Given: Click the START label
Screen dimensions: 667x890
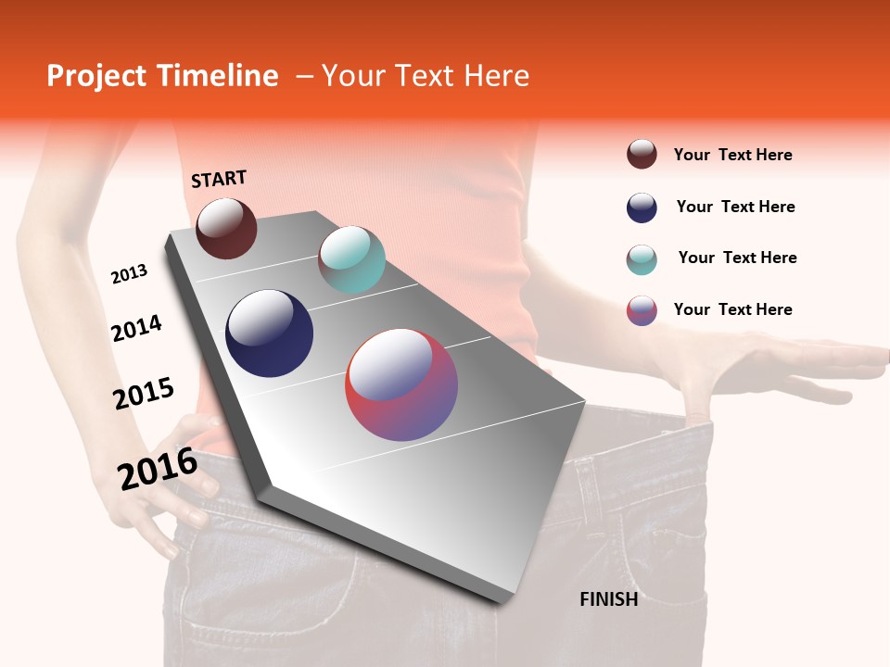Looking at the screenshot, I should coord(219,179).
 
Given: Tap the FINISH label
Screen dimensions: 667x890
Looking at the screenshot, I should coord(608,599).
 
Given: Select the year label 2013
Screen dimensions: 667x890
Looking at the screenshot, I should coord(129,274).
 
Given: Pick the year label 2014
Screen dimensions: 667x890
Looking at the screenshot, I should coord(136,328).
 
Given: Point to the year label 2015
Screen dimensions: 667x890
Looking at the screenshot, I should coord(143,393).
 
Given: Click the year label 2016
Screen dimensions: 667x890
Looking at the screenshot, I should coord(158,469).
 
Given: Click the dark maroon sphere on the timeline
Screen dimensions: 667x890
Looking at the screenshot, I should coord(226,228).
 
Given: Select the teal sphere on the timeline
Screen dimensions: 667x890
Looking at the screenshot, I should coord(351,259).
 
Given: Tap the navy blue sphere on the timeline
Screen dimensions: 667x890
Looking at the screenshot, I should coord(269,333).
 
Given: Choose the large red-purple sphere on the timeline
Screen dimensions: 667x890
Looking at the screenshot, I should coord(401,384).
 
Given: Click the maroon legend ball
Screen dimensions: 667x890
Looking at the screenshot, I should coord(642,154).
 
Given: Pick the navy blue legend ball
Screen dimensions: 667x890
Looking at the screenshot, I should coord(642,208).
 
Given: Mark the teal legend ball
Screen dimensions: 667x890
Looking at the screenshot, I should coord(642,259).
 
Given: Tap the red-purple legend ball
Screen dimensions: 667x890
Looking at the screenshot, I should coord(642,310).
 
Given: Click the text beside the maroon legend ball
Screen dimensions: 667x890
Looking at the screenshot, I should coord(732,155).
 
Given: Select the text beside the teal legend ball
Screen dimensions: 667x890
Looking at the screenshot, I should coord(737,258).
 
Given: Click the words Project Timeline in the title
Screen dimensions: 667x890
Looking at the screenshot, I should coord(162,76).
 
